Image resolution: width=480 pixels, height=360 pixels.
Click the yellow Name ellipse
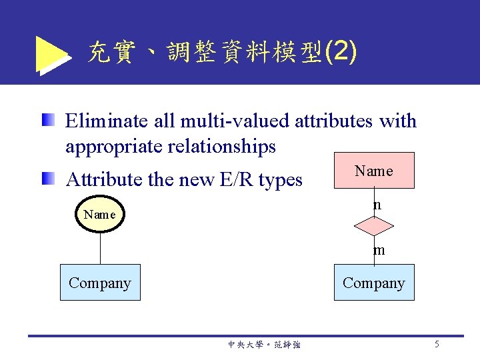click(100, 215)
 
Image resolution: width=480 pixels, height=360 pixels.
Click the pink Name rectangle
click(374, 171)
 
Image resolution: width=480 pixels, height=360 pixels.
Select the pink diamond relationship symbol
click(374, 228)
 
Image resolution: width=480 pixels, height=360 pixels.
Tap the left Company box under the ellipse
click(100, 283)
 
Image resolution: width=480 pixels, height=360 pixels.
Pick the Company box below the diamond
click(374, 283)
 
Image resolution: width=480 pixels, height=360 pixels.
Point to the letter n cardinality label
click(377, 205)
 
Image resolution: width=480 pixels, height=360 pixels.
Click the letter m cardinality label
click(379, 251)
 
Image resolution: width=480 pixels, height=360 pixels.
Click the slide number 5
click(437, 344)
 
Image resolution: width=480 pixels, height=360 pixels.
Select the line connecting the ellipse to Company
click(100, 247)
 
